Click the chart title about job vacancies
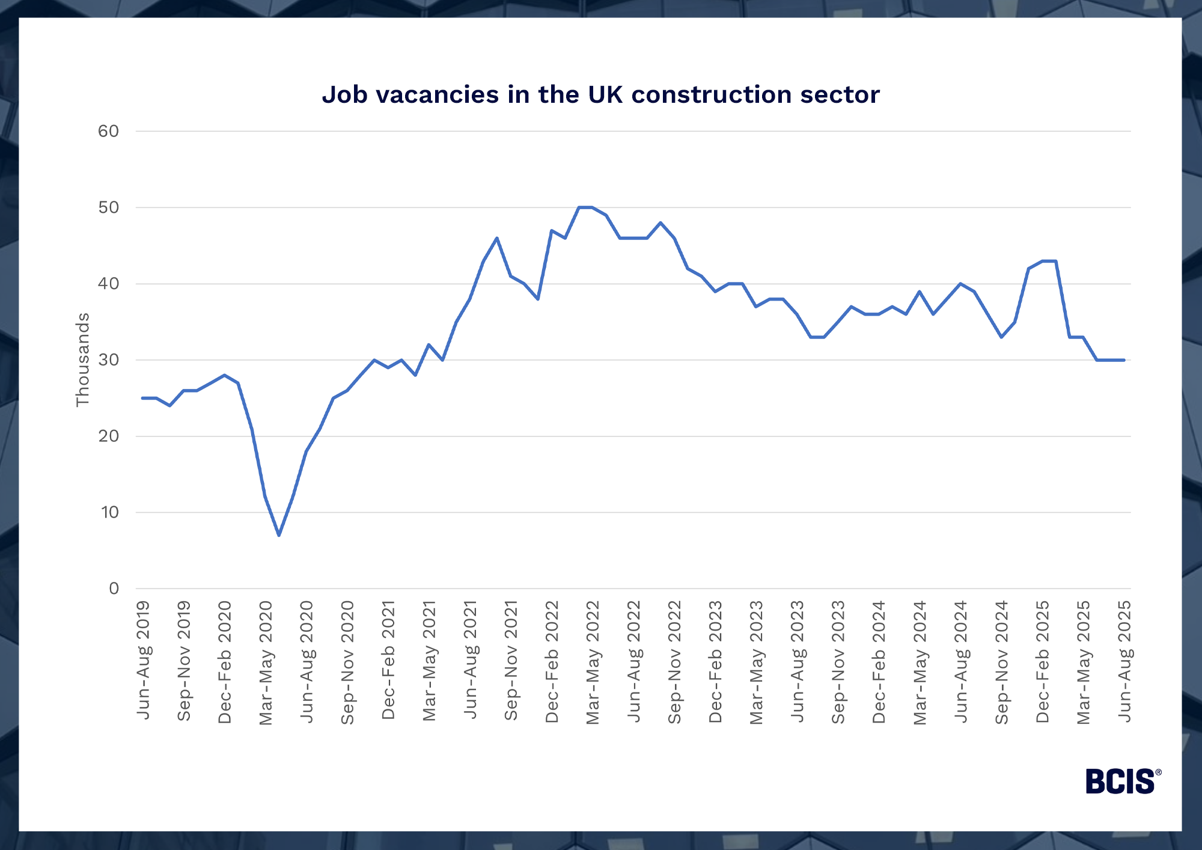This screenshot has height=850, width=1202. (x=600, y=95)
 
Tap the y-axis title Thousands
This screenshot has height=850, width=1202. (x=82, y=359)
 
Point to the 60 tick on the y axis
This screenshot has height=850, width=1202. (x=109, y=131)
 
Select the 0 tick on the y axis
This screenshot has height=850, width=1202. (x=114, y=589)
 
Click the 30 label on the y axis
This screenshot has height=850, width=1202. (x=109, y=360)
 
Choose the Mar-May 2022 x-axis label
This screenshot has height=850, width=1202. (x=593, y=662)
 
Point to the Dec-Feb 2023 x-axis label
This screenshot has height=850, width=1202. (x=716, y=661)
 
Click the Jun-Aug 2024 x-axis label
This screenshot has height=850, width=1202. (x=961, y=661)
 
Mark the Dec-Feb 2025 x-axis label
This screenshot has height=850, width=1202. (x=1043, y=661)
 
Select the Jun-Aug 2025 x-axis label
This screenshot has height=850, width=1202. (x=1124, y=661)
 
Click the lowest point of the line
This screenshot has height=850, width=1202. (x=279, y=535)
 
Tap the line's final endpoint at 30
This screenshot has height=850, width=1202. (x=1124, y=360)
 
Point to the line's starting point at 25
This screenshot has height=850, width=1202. (x=142, y=398)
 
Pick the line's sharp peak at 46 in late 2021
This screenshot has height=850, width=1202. (x=497, y=238)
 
